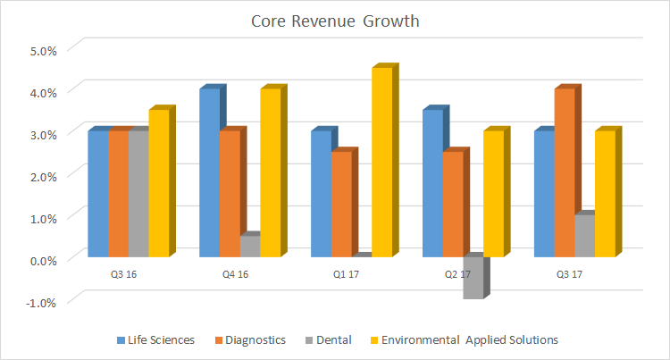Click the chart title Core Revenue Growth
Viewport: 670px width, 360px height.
(x=334, y=20)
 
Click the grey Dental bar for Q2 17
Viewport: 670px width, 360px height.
(x=473, y=278)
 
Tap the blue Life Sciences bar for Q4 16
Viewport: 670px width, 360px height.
(x=209, y=173)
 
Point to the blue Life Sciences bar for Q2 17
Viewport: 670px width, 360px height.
(x=432, y=183)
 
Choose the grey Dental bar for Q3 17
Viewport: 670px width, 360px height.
(x=583, y=236)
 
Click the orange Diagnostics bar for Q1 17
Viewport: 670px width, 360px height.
(x=341, y=205)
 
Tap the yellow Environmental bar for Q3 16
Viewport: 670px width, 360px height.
(x=158, y=183)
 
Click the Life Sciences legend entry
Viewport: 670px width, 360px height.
(x=157, y=339)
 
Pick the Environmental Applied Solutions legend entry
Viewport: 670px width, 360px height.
(x=464, y=339)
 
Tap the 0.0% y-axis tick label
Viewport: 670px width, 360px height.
(x=43, y=259)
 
